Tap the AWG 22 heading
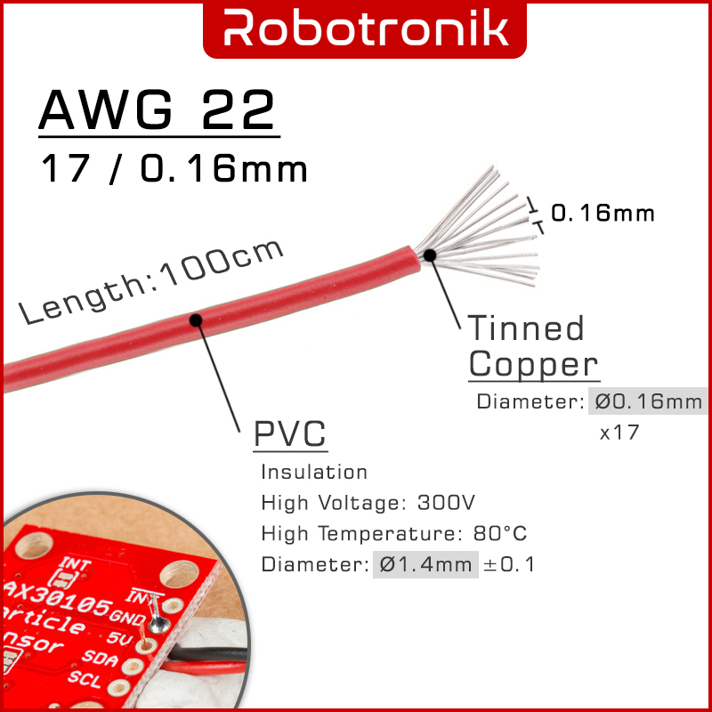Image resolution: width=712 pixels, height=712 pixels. click(x=158, y=110)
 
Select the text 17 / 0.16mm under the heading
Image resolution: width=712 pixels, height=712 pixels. click(x=174, y=168)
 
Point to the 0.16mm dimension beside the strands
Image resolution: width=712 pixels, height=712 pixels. click(x=603, y=214)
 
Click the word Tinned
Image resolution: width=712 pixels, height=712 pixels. click(x=527, y=328)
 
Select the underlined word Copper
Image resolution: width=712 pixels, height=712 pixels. click(x=534, y=364)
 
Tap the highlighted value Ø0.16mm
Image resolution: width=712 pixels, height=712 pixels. click(x=649, y=401)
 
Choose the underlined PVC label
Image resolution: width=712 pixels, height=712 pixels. click(x=290, y=435)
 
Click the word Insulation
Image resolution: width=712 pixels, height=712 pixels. click(x=314, y=472)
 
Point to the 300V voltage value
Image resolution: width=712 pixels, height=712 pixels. click(x=446, y=503)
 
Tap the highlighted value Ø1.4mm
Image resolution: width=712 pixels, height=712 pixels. click(x=425, y=564)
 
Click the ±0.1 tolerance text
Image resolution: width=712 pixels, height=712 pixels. click(x=509, y=564)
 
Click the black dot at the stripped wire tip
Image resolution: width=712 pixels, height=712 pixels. click(x=430, y=255)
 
